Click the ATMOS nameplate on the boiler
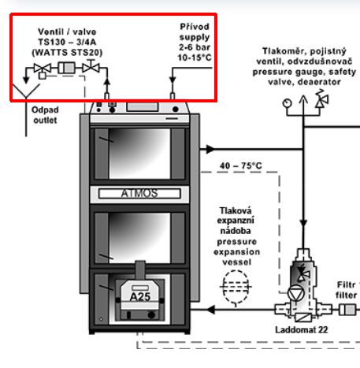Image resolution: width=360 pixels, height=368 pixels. (x=139, y=194)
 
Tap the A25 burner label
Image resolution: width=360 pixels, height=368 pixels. (x=140, y=297)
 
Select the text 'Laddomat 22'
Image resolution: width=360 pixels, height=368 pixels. (x=302, y=329)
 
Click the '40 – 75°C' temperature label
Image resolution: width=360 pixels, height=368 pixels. (x=241, y=166)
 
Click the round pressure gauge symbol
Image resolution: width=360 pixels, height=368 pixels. (x=287, y=103)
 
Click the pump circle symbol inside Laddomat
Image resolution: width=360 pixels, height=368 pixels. (x=296, y=293)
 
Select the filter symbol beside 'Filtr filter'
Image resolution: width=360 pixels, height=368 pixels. (x=347, y=310)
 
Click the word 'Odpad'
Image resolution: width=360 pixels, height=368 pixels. (x=45, y=110)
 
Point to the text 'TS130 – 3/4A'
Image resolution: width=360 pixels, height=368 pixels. (x=67, y=42)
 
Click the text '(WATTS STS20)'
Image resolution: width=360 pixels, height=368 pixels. (x=67, y=53)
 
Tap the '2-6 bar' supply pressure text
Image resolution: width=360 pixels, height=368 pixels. (x=195, y=47)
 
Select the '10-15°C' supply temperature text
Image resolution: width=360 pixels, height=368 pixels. (x=195, y=58)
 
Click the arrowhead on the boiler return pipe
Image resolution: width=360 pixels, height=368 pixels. (x=211, y=310)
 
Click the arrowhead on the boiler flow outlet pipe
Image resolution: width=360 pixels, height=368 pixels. (x=210, y=149)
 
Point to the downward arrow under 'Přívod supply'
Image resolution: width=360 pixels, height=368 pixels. (x=173, y=80)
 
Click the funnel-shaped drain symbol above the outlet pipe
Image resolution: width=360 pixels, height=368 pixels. (x=26, y=91)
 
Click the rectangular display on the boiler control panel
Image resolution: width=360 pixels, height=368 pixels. (x=143, y=107)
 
